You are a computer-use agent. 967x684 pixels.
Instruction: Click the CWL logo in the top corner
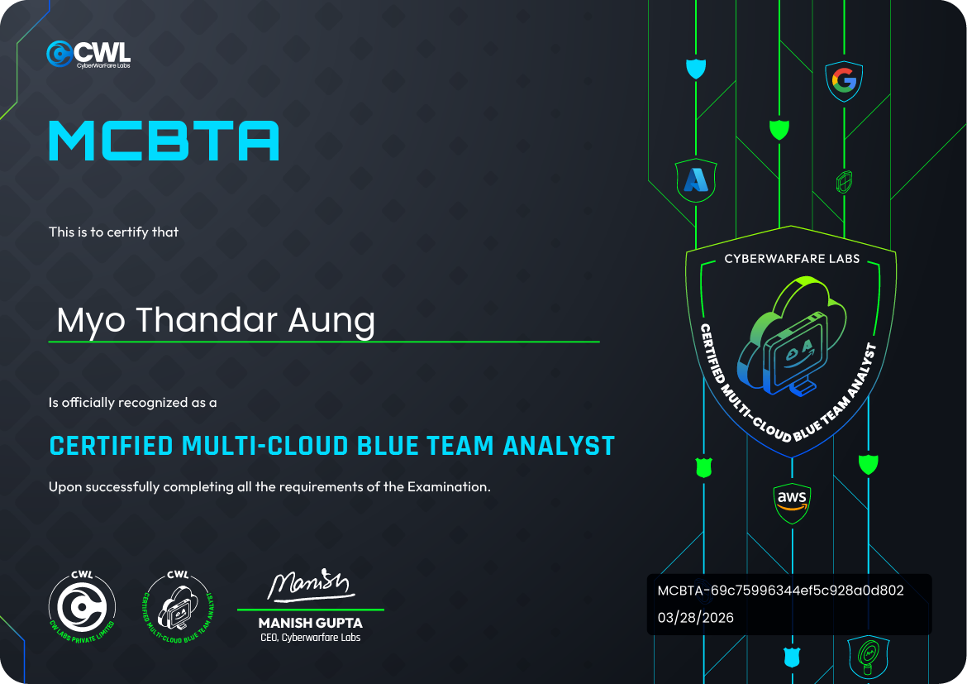pos(88,54)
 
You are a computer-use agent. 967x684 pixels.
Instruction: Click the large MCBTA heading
pos(164,141)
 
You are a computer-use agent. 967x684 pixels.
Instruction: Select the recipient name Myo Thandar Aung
pos(216,321)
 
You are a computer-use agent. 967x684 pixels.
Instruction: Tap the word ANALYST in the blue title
pos(559,446)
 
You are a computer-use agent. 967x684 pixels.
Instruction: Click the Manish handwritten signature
pos(308,585)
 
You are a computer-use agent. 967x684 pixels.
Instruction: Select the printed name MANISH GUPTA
pos(310,623)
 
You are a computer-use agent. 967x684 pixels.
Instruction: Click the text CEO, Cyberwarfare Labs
pos(310,638)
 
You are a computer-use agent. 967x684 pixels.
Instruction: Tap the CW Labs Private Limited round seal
pos(82,607)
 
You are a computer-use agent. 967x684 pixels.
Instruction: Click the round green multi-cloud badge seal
pos(179,607)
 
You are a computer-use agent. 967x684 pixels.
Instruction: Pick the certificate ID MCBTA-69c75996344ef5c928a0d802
pos(781,591)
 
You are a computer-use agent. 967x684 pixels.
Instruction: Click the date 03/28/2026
pos(696,618)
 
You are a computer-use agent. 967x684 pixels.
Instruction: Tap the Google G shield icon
pos(844,81)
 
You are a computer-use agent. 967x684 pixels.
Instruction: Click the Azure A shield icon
pos(696,181)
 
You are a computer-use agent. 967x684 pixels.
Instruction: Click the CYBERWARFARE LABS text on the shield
pos(792,259)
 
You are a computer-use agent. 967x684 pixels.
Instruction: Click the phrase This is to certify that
pos(113,232)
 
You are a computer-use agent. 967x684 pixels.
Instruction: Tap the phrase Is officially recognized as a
pos(132,403)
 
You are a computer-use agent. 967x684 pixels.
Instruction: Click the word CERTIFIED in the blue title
pos(111,446)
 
